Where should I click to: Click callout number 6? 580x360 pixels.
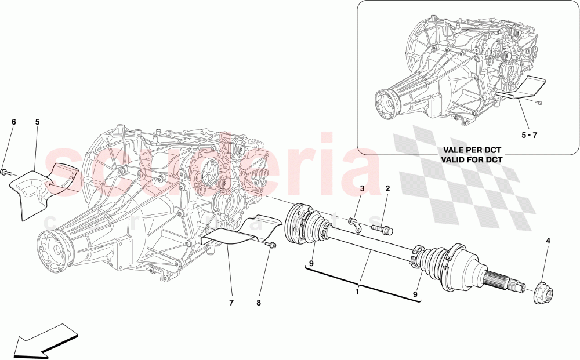(14, 122)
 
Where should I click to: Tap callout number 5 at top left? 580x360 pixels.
(37, 122)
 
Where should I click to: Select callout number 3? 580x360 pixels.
(361, 188)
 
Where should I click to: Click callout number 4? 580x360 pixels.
(548, 241)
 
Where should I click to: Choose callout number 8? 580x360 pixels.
(259, 302)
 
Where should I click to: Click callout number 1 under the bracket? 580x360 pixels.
(357, 292)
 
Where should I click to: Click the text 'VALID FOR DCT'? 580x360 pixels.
(471, 158)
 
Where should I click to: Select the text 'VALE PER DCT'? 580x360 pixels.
(471, 149)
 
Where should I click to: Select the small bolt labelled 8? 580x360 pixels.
(270, 246)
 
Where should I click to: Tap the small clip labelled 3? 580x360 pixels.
(354, 223)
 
